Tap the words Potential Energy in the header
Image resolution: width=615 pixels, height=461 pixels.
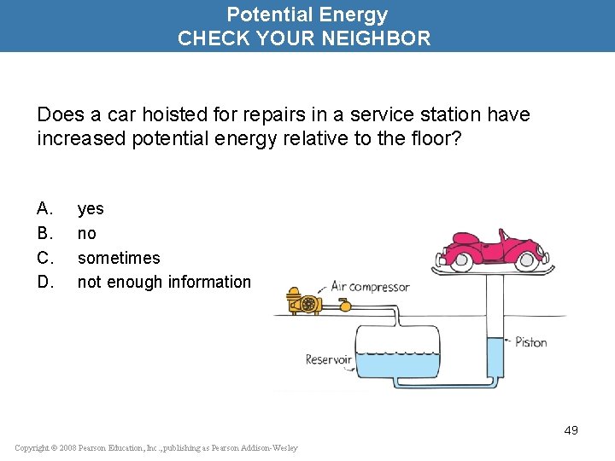click(x=307, y=15)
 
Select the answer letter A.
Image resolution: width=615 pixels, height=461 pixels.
click(x=44, y=208)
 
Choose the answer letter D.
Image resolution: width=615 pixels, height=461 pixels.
click(x=45, y=282)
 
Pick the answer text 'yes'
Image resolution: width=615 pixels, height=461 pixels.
click(x=91, y=208)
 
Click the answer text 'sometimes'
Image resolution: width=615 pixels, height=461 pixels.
click(x=119, y=258)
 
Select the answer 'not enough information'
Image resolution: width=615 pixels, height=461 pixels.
click(x=164, y=282)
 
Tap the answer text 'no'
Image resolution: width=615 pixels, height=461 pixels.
click(x=87, y=233)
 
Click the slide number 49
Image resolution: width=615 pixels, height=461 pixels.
click(x=571, y=430)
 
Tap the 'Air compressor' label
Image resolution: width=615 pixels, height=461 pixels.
click(x=370, y=287)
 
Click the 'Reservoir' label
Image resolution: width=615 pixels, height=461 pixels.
click(x=328, y=359)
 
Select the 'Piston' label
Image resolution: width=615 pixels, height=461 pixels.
click(x=530, y=342)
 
